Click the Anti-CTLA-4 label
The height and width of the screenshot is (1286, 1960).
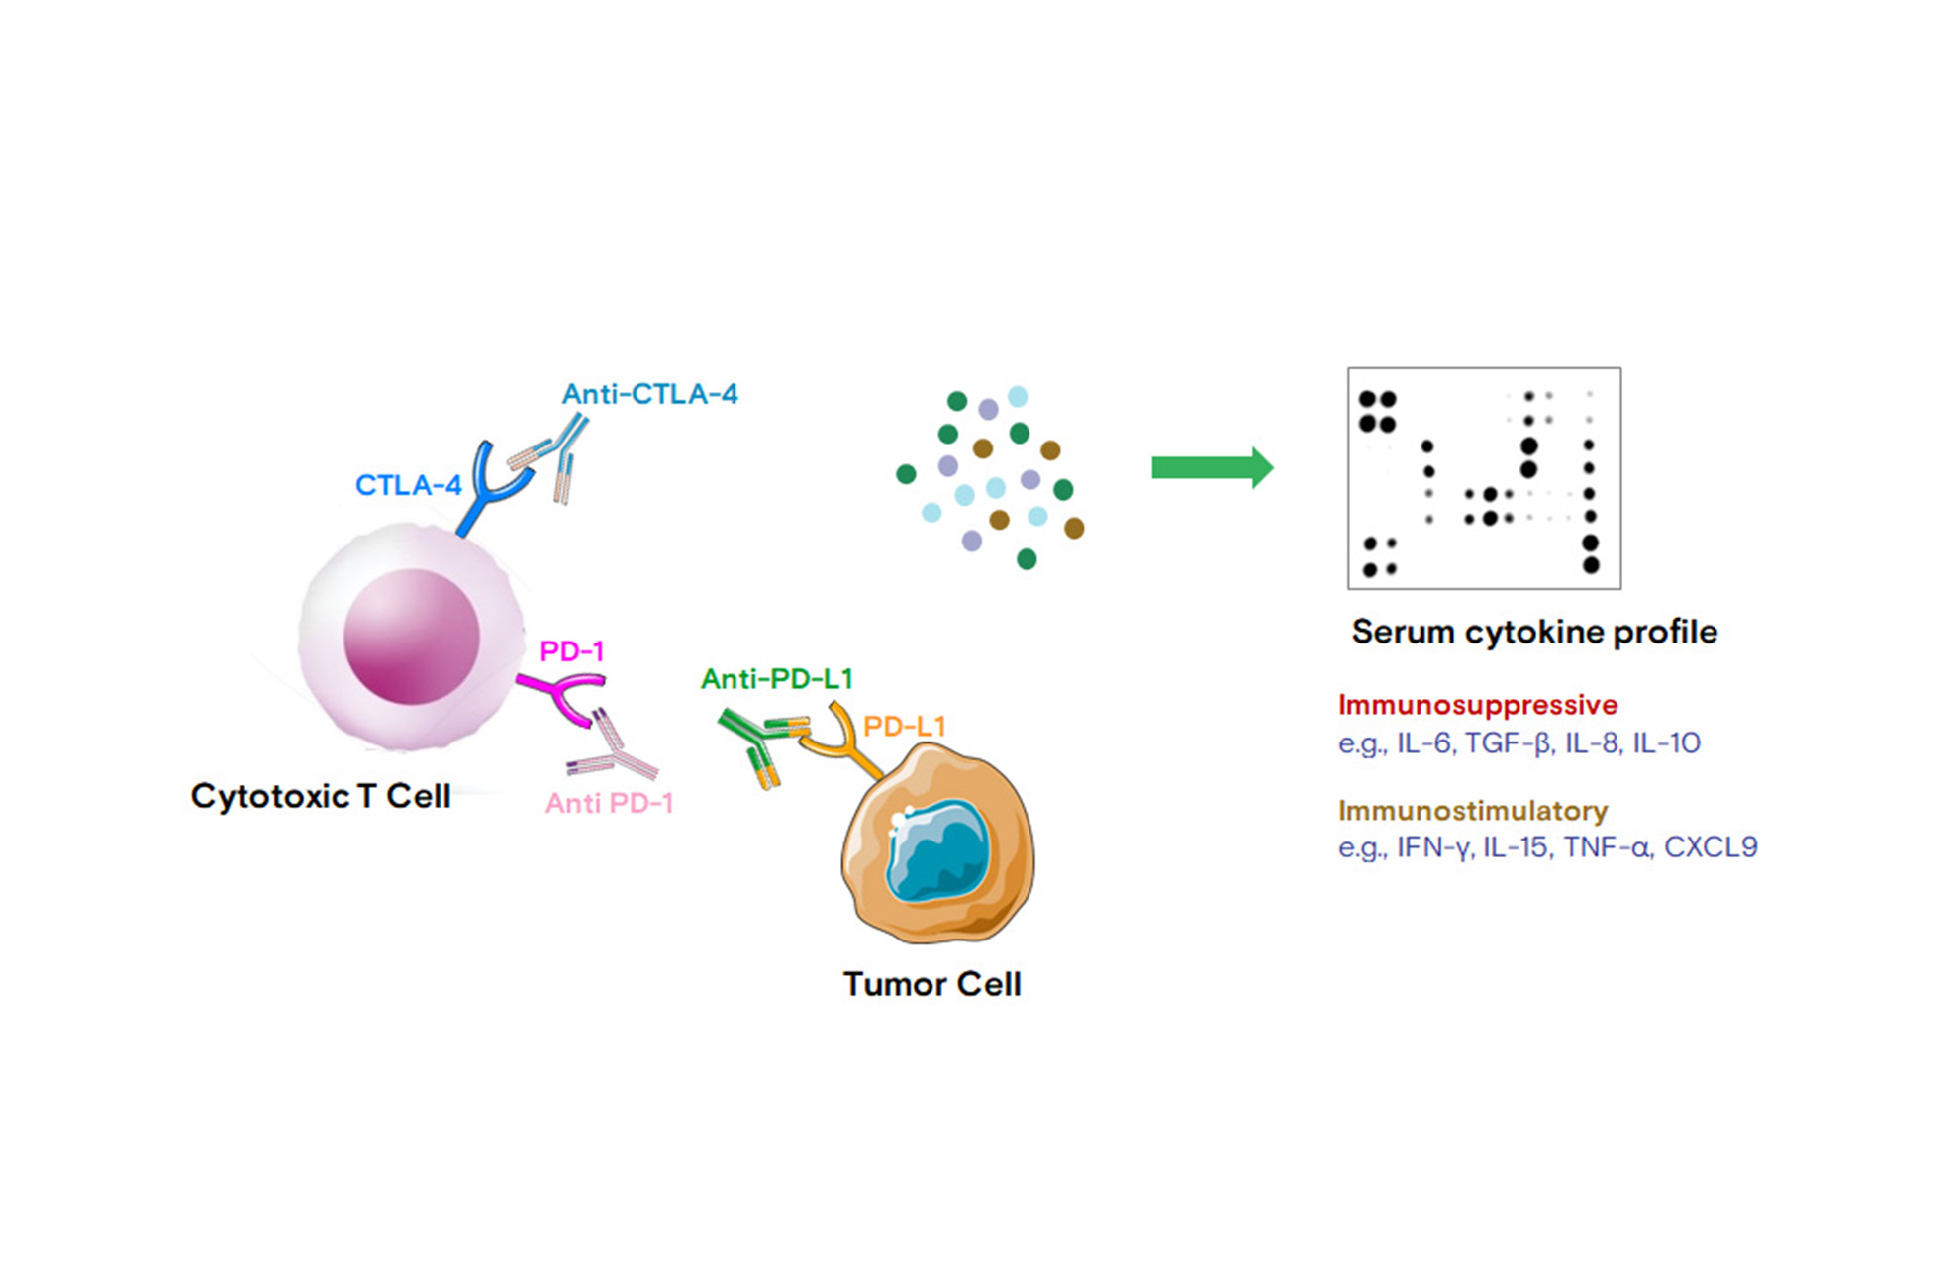(649, 394)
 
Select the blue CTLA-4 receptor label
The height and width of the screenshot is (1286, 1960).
(408, 485)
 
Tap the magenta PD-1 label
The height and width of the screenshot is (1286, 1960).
(571, 651)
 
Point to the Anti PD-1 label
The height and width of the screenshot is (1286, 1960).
(609, 803)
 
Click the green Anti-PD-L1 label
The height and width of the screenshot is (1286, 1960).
(776, 679)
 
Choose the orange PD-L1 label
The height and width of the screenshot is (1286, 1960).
(904, 727)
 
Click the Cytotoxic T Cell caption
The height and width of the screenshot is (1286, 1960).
(320, 796)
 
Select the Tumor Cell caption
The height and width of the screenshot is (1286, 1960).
(931, 984)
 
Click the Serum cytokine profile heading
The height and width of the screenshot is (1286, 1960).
(1533, 632)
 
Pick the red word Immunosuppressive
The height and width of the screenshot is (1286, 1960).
(1477, 705)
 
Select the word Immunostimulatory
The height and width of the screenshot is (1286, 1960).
(1472, 811)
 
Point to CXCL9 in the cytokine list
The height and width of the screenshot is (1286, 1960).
(1711, 847)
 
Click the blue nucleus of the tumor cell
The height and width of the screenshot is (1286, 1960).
(936, 851)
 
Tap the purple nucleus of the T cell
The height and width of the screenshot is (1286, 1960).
(411, 637)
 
